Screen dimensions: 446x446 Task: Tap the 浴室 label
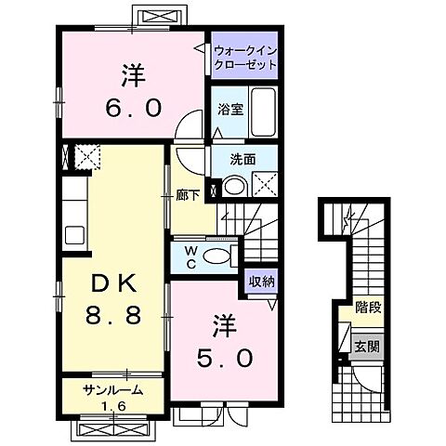(x=230, y=108)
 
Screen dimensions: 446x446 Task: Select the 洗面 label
(x=243, y=158)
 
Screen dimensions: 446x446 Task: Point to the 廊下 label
(x=188, y=196)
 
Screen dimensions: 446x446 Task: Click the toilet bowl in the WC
(x=216, y=256)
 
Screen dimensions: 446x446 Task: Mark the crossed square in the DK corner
(x=86, y=157)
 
